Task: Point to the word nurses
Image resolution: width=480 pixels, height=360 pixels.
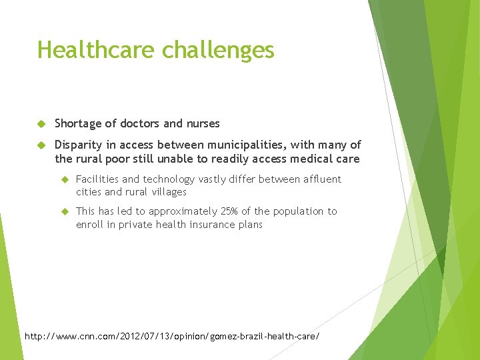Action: tap(202, 123)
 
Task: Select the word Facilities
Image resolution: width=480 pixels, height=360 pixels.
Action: tap(97, 179)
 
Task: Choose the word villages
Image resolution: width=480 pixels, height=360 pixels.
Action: tap(169, 191)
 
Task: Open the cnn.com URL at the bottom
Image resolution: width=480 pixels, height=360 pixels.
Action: tap(172, 336)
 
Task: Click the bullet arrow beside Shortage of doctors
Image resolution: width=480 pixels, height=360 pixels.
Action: tap(41, 123)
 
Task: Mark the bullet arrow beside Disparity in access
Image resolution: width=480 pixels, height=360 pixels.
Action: tap(41, 145)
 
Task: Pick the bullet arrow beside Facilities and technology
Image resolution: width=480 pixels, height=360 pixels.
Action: tap(65, 179)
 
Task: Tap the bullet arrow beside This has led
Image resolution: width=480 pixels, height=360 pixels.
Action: tap(65, 211)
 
